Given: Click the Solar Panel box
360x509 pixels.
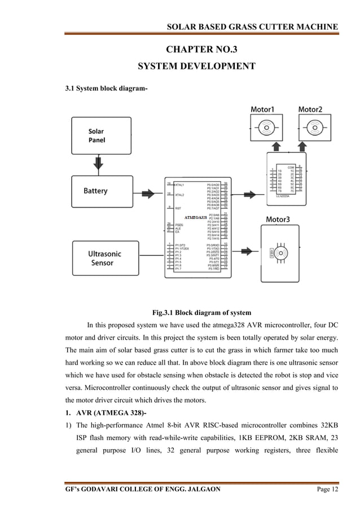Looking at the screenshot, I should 99,136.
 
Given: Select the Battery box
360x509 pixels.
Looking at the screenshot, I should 99,191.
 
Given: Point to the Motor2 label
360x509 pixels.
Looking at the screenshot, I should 310,109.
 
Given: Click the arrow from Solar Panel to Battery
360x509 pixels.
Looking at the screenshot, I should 99,164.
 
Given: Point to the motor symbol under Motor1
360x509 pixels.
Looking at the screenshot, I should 262,128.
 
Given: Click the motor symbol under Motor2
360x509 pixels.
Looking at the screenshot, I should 310,128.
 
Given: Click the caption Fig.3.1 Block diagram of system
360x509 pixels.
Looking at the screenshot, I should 201,312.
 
